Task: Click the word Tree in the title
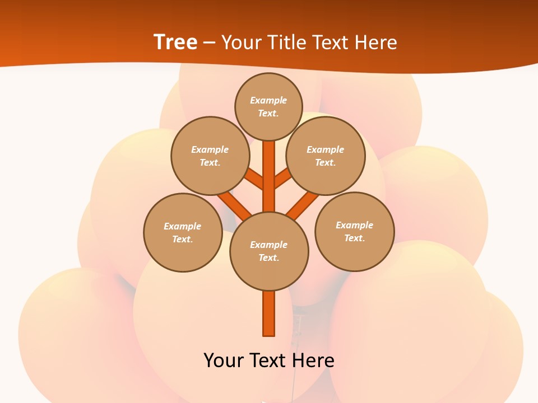[x=175, y=42]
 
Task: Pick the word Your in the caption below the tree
[x=224, y=360]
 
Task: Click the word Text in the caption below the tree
[x=270, y=360]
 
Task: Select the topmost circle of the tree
[x=268, y=106]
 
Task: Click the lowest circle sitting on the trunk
[x=269, y=251]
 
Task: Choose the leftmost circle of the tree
[x=183, y=232]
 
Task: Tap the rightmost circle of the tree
[x=355, y=231]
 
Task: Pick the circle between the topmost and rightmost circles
[x=326, y=156]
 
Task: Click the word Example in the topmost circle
[x=268, y=100]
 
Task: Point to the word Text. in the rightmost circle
[x=354, y=238]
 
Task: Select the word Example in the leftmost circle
[x=182, y=226]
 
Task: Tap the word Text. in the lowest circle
[x=268, y=257]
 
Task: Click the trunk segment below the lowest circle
[x=269, y=313]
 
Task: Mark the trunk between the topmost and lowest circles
[x=269, y=176]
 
